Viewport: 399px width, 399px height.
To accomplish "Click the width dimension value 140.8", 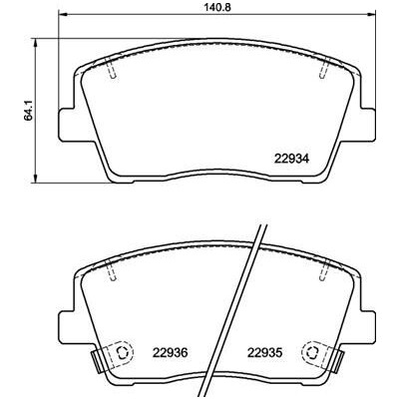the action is (216, 7).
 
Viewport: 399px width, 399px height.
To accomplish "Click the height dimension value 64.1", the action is (29, 111).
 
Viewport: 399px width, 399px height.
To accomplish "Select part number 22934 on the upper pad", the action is (291, 159).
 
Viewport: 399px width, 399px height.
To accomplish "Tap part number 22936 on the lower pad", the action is (171, 353).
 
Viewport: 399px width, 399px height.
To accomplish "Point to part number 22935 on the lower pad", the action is (264, 353).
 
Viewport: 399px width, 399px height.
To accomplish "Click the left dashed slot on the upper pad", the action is (111, 68).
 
